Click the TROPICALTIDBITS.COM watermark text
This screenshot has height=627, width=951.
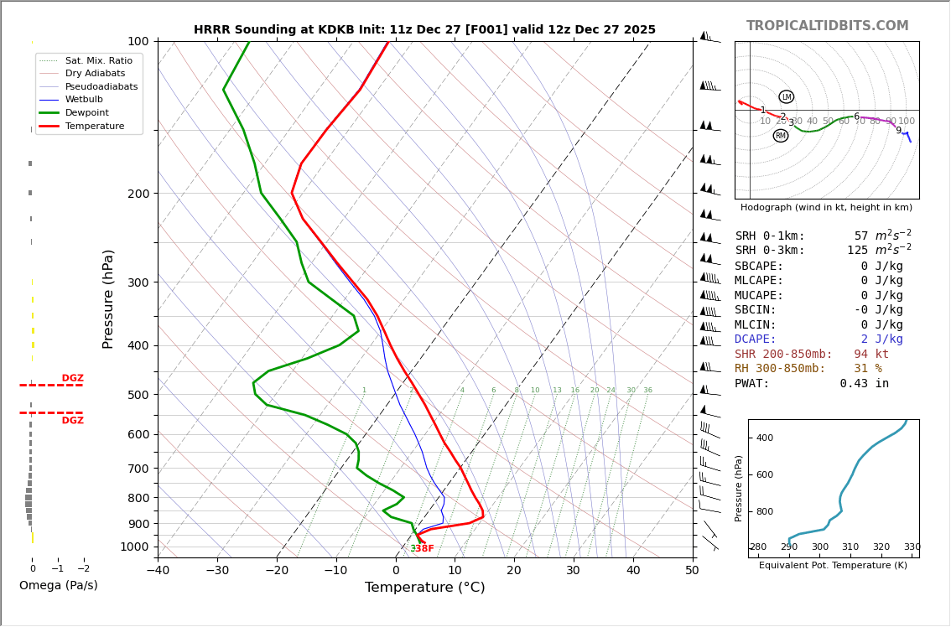(827, 26)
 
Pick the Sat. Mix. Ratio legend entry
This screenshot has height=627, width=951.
(98, 60)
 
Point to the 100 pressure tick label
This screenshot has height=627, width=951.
(138, 41)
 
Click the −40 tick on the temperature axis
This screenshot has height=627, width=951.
(158, 571)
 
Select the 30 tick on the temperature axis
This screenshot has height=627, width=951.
(573, 571)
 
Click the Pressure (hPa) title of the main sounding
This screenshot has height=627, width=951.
(108, 298)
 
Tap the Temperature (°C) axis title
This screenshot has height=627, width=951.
(424, 588)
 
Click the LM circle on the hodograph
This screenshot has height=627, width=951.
(786, 97)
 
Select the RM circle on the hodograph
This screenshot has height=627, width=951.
(781, 136)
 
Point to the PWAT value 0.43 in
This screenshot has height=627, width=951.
(864, 384)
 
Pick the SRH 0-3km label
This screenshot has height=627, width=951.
(769, 251)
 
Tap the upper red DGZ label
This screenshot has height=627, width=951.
(72, 379)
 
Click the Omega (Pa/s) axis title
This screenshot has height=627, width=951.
(58, 586)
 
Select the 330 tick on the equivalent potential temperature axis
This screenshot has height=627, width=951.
(912, 547)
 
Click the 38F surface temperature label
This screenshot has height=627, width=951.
(424, 549)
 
